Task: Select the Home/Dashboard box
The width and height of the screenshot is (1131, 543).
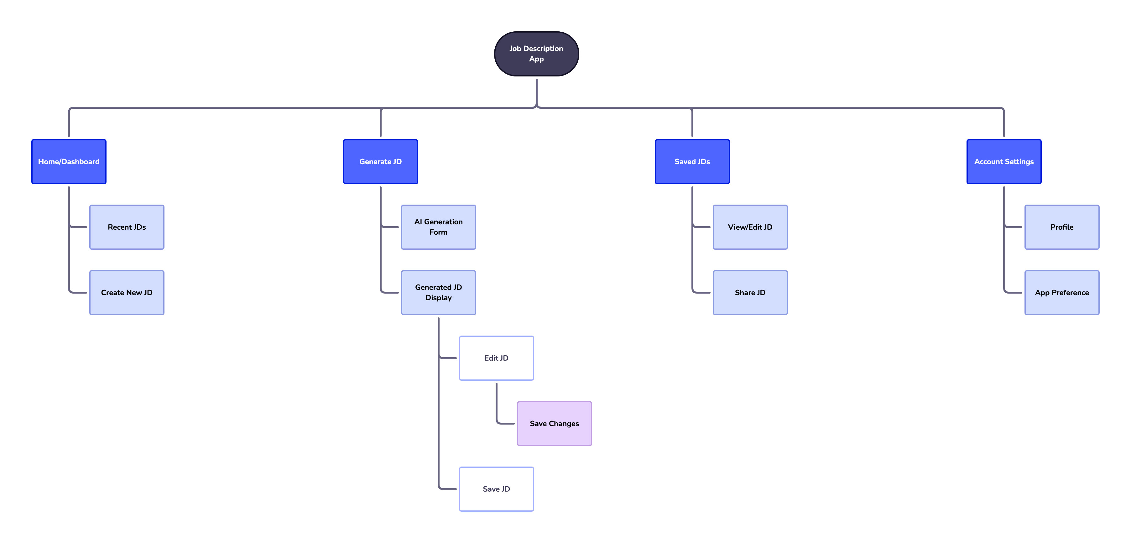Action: click(x=69, y=162)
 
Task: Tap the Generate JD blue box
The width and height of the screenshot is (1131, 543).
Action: click(x=380, y=162)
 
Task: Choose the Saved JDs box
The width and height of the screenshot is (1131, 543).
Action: click(x=692, y=162)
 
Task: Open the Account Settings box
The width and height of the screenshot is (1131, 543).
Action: click(x=1004, y=162)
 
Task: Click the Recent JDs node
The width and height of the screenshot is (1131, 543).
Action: click(x=127, y=227)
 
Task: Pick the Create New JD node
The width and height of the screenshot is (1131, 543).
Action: click(x=127, y=292)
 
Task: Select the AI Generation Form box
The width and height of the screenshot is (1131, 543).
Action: click(x=438, y=227)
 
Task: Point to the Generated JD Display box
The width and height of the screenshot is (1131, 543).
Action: click(x=438, y=292)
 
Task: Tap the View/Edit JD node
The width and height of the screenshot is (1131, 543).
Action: click(x=750, y=227)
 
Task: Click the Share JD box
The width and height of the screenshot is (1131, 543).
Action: click(x=750, y=292)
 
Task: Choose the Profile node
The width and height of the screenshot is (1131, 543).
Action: click(x=1062, y=227)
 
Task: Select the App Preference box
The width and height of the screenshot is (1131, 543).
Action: click(x=1062, y=292)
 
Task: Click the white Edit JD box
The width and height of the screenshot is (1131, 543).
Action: click(x=496, y=358)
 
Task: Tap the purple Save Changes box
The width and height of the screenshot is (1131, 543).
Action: click(x=554, y=423)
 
